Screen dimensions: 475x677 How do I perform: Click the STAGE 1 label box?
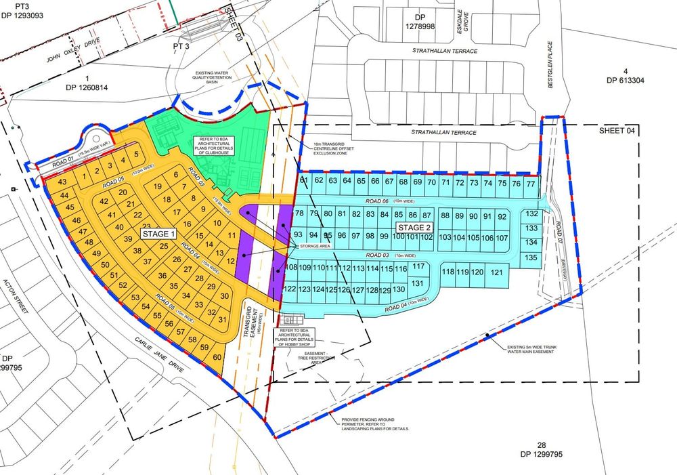click(159, 234)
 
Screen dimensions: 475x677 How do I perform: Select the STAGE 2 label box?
click(415, 226)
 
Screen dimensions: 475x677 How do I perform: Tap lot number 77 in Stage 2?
click(531, 184)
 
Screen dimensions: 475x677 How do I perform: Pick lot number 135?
click(531, 257)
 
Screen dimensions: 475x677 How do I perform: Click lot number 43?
click(62, 183)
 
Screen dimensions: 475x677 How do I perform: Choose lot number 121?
click(496, 272)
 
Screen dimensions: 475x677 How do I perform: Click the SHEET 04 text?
click(617, 131)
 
